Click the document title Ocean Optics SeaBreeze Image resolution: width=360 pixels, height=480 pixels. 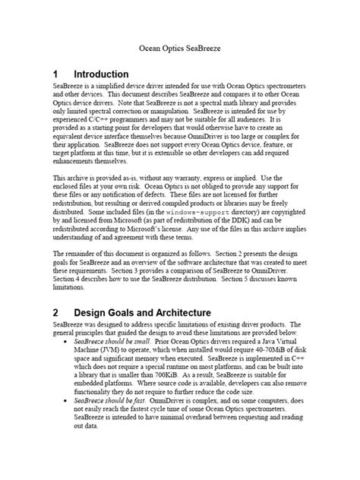(x=179, y=46)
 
